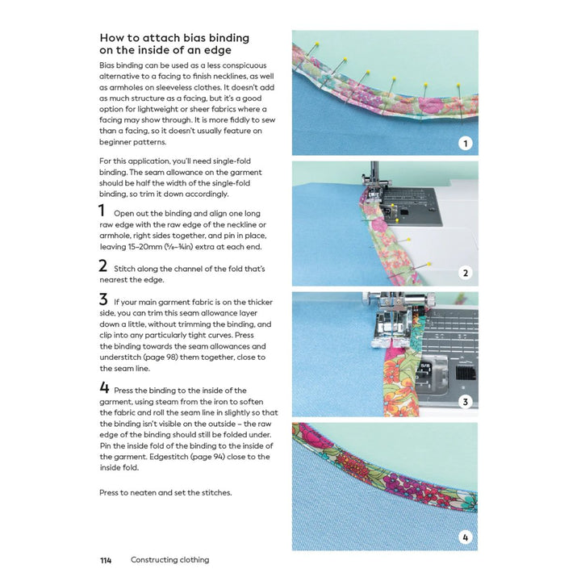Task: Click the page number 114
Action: click(106, 560)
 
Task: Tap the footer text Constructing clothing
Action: click(169, 560)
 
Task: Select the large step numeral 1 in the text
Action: click(102, 211)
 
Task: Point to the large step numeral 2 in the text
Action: click(103, 265)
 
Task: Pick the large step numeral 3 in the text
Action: click(103, 299)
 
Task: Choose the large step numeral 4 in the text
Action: click(104, 388)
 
